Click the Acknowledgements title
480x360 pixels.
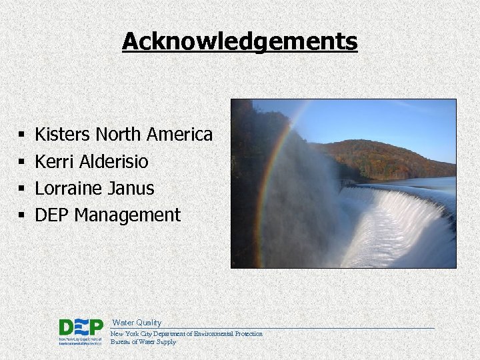coord(240,42)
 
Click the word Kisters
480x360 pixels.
coord(63,135)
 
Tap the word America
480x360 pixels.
coord(179,135)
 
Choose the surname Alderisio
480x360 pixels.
coord(113,161)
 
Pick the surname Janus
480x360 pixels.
coord(131,188)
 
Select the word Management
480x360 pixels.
coord(127,215)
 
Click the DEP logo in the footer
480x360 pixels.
coord(81,331)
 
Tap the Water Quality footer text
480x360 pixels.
coord(137,323)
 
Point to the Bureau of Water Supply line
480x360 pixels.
coord(143,342)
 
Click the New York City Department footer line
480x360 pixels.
coord(187,333)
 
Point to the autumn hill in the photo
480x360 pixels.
coord(387,157)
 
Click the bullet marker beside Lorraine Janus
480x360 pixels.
coord(22,189)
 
